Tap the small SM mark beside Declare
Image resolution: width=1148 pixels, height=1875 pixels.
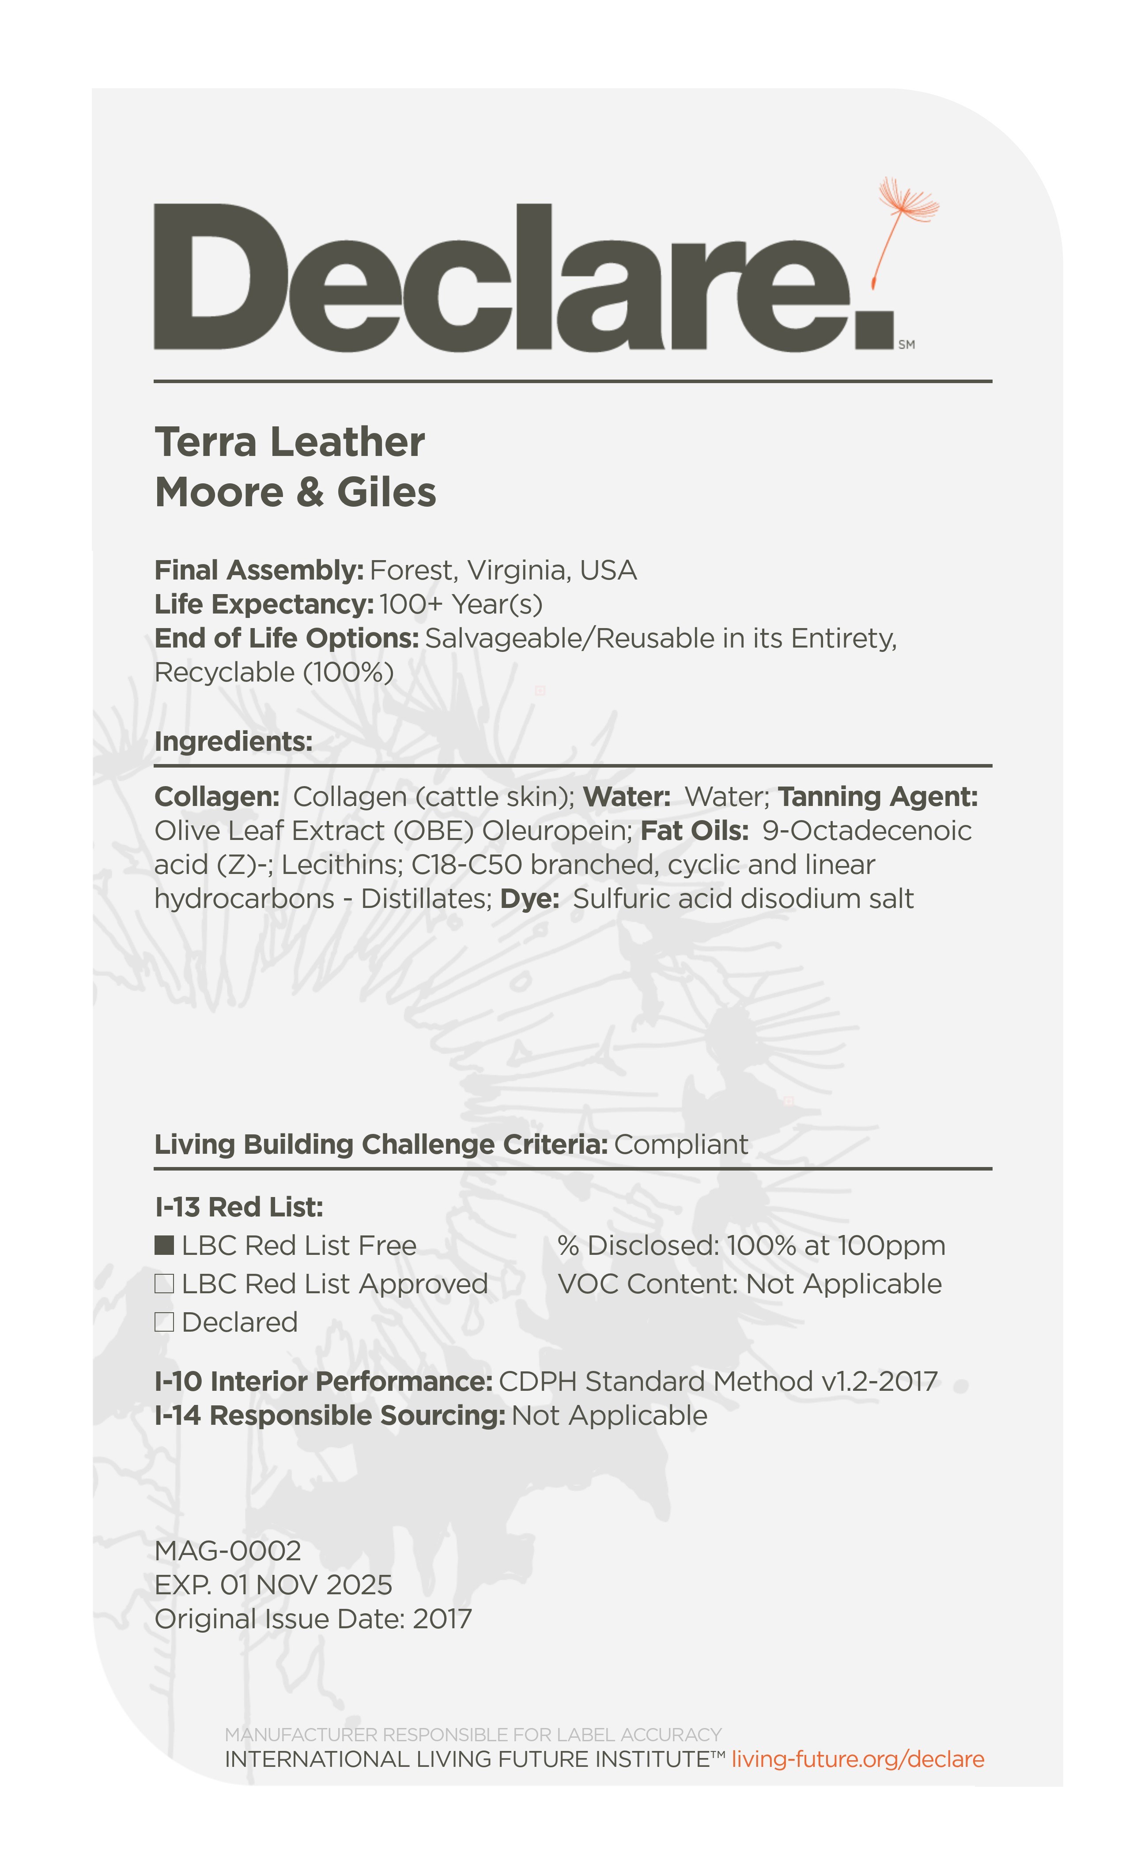(x=906, y=345)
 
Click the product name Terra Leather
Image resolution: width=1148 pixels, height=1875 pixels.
(x=289, y=442)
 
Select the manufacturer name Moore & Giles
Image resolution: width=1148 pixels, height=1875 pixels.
(x=295, y=492)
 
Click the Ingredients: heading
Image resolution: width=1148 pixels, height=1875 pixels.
(x=234, y=741)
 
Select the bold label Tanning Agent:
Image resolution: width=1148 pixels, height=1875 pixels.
(x=877, y=797)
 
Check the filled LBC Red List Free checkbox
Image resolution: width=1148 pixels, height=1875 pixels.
(x=164, y=1246)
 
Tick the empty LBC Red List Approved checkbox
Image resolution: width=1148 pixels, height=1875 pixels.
(x=164, y=1284)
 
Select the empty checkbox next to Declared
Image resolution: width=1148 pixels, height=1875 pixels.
(x=164, y=1322)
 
